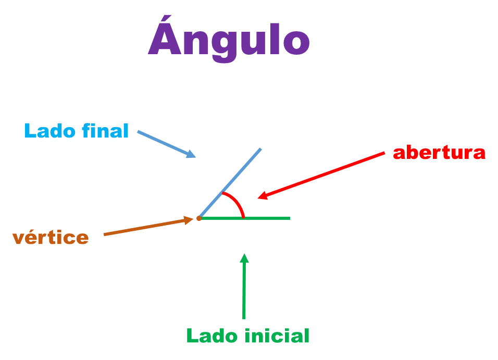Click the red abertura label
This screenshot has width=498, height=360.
point(439,153)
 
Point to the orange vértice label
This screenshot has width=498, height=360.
point(51,238)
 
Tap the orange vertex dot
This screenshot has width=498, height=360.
point(199,219)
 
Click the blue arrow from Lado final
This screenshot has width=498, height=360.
point(164,143)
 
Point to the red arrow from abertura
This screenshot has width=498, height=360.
point(323,175)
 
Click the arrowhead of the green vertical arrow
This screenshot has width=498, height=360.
point(244,257)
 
